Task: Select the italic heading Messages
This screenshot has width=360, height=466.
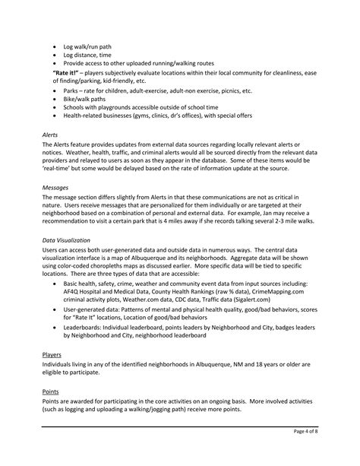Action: tap(55, 187)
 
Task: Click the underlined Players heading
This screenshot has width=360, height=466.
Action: tap(52, 354)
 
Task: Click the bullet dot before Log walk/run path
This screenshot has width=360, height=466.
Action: tap(55, 46)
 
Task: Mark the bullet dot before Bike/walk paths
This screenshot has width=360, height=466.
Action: tap(55, 99)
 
